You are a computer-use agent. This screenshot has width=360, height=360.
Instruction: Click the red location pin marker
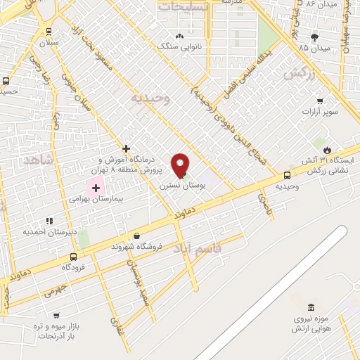pyautogui.click(x=181, y=165)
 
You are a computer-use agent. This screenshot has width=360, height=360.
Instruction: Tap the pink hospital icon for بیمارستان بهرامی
pyautogui.click(x=95, y=188)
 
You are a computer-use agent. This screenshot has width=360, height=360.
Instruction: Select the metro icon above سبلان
pyautogui.click(x=49, y=31)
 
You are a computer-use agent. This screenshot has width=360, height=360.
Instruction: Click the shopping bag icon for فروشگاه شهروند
pyautogui.click(x=136, y=236)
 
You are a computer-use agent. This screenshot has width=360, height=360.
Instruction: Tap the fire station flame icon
pyautogui.click(x=327, y=149)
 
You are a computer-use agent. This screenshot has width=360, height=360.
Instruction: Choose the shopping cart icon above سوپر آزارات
pyautogui.click(x=321, y=101)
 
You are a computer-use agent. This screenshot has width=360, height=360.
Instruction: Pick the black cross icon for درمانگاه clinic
pyautogui.click(x=126, y=148)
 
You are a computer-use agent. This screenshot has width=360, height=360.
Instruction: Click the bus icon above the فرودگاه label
pyautogui.click(x=71, y=256)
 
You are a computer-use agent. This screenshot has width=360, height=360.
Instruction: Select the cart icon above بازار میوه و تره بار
pyautogui.click(x=56, y=316)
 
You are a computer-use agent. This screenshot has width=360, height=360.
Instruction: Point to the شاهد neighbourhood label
pyautogui.click(x=39, y=161)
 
